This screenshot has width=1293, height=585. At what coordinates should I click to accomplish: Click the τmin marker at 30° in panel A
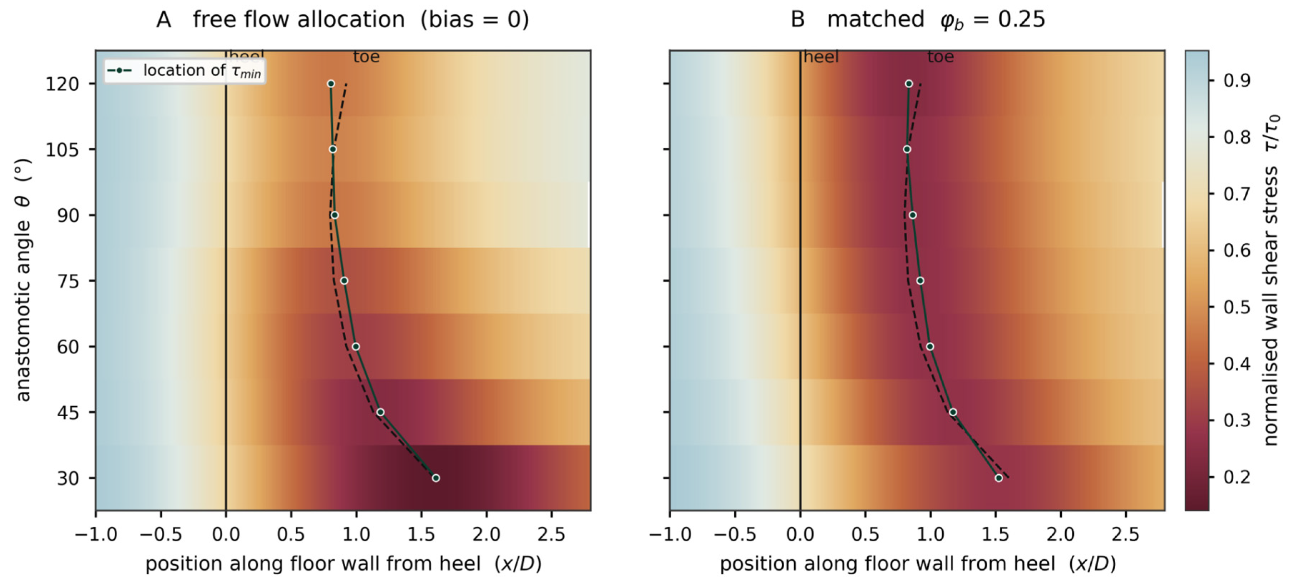[436, 478]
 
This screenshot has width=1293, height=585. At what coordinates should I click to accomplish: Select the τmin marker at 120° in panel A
[331, 84]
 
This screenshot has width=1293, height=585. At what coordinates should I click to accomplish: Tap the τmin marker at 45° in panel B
[953, 412]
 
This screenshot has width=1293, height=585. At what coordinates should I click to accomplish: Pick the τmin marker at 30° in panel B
[999, 478]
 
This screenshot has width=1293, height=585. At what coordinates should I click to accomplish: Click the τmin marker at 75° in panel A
[344, 281]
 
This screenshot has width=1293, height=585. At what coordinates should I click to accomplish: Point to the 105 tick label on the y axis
[63, 149]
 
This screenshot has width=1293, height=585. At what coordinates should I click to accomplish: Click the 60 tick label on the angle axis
[68, 347]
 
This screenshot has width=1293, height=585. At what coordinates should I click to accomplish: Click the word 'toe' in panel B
[941, 57]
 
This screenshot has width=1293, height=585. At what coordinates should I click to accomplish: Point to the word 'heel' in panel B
[821, 57]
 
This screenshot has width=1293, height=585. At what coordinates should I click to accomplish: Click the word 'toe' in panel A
[366, 57]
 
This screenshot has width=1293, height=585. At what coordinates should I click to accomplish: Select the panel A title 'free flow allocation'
[299, 20]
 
